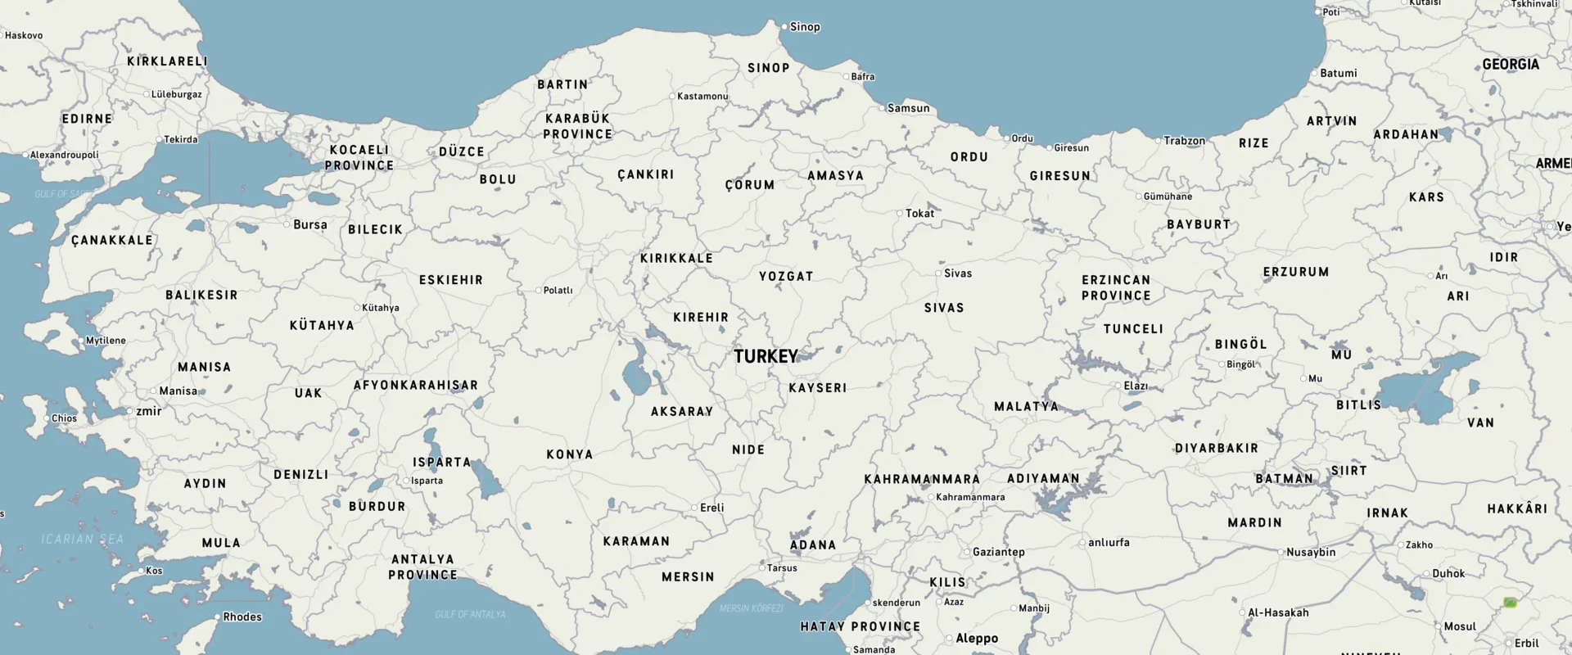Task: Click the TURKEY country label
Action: click(x=766, y=356)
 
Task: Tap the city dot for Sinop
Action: click(x=784, y=27)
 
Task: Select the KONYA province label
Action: click(x=570, y=454)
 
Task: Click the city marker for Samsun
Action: click(x=882, y=108)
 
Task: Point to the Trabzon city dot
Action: click(x=1159, y=141)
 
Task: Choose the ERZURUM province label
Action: click(x=1296, y=272)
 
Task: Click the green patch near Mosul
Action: click(x=1510, y=603)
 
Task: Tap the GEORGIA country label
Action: click(x=1511, y=64)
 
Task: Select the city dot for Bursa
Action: click(x=287, y=224)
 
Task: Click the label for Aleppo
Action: click(x=977, y=639)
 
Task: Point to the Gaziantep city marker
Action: click(x=967, y=552)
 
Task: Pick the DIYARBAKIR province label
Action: click(x=1216, y=449)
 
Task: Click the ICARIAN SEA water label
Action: click(x=83, y=539)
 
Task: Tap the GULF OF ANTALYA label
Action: click(x=470, y=614)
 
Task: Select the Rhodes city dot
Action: click(x=217, y=617)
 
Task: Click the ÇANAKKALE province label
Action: click(x=112, y=241)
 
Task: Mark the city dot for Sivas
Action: click(x=939, y=273)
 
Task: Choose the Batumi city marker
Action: click(x=1314, y=74)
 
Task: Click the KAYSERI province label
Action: click(x=817, y=388)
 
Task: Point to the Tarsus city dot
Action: click(x=762, y=567)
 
